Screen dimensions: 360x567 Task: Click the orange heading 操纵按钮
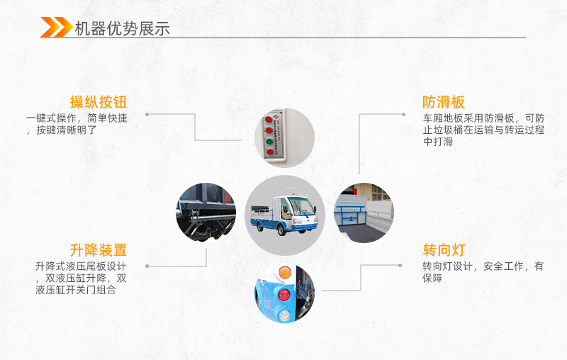pyautogui.click(x=98, y=101)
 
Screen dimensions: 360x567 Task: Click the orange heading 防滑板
pyautogui.click(x=444, y=101)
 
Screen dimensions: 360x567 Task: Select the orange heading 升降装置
pyautogui.click(x=98, y=250)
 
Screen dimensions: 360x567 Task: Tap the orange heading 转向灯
pyautogui.click(x=444, y=250)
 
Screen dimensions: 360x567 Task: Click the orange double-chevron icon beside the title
pyautogui.click(x=55, y=28)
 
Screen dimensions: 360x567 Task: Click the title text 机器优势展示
pyautogui.click(x=122, y=28)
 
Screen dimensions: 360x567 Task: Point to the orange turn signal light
pyautogui.click(x=284, y=271)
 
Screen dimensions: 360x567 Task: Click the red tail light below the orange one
pyautogui.click(x=284, y=293)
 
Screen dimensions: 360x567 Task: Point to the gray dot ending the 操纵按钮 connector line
pyautogui.click(x=147, y=114)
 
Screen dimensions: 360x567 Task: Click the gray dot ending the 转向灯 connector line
pyautogui.click(x=418, y=266)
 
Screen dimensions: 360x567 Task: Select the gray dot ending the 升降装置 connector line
pyautogui.click(x=147, y=266)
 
